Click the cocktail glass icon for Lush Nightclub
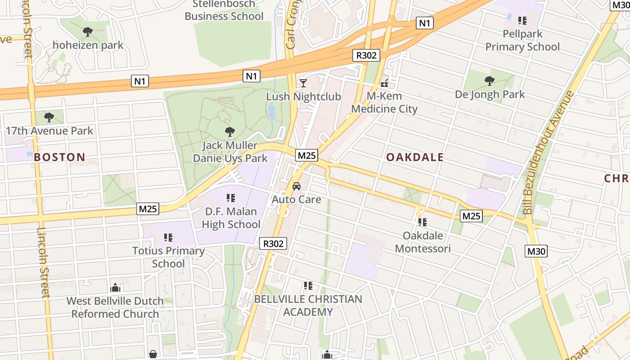pos(303,83)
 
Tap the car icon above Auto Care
pos(297,186)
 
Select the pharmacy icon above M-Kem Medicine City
pos(384,83)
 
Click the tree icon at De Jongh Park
pos(489,81)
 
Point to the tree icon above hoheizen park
pos(88,32)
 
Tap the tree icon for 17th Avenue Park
pos(49,117)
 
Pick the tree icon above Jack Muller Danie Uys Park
pos(230,132)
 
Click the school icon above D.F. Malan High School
pos(231,198)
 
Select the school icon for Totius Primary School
pos(168,237)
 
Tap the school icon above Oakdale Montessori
pos(422,222)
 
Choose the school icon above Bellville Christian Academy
pos(308,286)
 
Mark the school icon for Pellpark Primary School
pos(522,20)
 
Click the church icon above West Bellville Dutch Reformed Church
pos(115,288)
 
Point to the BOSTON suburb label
pos(59,157)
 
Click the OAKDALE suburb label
pos(415,157)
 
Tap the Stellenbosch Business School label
pos(224,10)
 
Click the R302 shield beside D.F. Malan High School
pos(273,243)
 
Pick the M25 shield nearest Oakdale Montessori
pos(471,216)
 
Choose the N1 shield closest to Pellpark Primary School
pos(424,23)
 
